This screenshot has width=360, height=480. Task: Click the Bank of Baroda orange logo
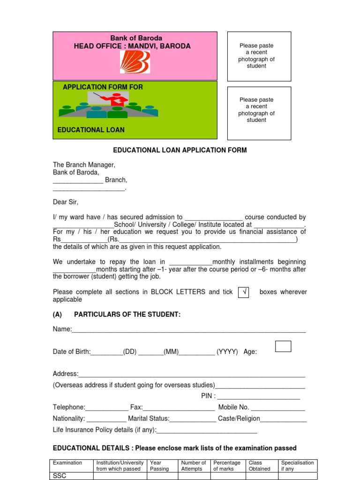click(x=135, y=62)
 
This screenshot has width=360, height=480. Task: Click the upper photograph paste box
click(x=259, y=56)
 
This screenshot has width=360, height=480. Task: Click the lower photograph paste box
click(x=259, y=113)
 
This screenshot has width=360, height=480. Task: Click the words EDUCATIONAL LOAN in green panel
click(x=91, y=130)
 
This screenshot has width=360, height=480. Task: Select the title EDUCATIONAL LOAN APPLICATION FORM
click(x=180, y=150)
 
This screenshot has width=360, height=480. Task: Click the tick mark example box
click(x=244, y=292)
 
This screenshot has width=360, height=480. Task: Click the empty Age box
click(x=283, y=346)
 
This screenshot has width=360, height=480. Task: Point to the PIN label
click(x=208, y=396)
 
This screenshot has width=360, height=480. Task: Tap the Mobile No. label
click(x=233, y=407)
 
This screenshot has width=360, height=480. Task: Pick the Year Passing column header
click(x=159, y=465)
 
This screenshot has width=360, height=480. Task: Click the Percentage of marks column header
click(x=227, y=465)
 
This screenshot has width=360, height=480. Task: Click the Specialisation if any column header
click(x=297, y=465)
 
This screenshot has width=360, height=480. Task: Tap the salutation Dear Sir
click(x=66, y=202)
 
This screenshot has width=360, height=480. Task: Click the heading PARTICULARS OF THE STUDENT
click(x=127, y=315)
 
